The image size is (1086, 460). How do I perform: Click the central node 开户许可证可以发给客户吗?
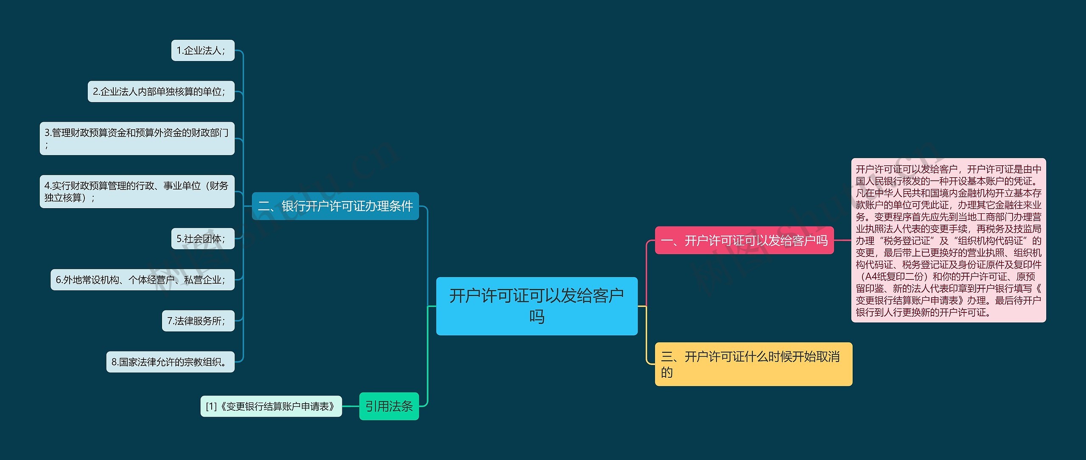point(537,306)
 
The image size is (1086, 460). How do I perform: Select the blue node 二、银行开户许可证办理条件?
point(335,206)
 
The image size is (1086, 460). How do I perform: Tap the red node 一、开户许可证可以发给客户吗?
point(744,240)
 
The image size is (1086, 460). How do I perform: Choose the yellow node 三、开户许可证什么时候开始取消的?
point(753,364)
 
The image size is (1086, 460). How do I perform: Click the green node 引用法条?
point(389,406)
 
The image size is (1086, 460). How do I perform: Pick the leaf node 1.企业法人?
point(203,50)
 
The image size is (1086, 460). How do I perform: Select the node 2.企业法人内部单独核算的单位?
point(161,92)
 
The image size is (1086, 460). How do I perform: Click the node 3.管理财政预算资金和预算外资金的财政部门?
point(137,138)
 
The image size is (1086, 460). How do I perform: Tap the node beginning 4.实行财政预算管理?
point(137,192)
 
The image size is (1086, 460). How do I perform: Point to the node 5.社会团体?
point(203,239)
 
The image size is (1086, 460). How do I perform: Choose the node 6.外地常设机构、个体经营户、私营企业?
point(142,280)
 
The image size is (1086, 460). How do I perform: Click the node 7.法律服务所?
point(198,321)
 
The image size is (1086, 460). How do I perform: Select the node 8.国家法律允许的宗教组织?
point(170,362)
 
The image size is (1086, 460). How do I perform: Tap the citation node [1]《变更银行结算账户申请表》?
point(271,406)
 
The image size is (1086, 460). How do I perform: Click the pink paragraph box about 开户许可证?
point(948,240)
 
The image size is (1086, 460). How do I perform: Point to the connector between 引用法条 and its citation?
point(350,406)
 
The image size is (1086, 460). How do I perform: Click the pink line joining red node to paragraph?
point(842,240)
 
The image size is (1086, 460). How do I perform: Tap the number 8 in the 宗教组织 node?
point(114,362)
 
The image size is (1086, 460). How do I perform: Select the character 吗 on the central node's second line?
point(537,317)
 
